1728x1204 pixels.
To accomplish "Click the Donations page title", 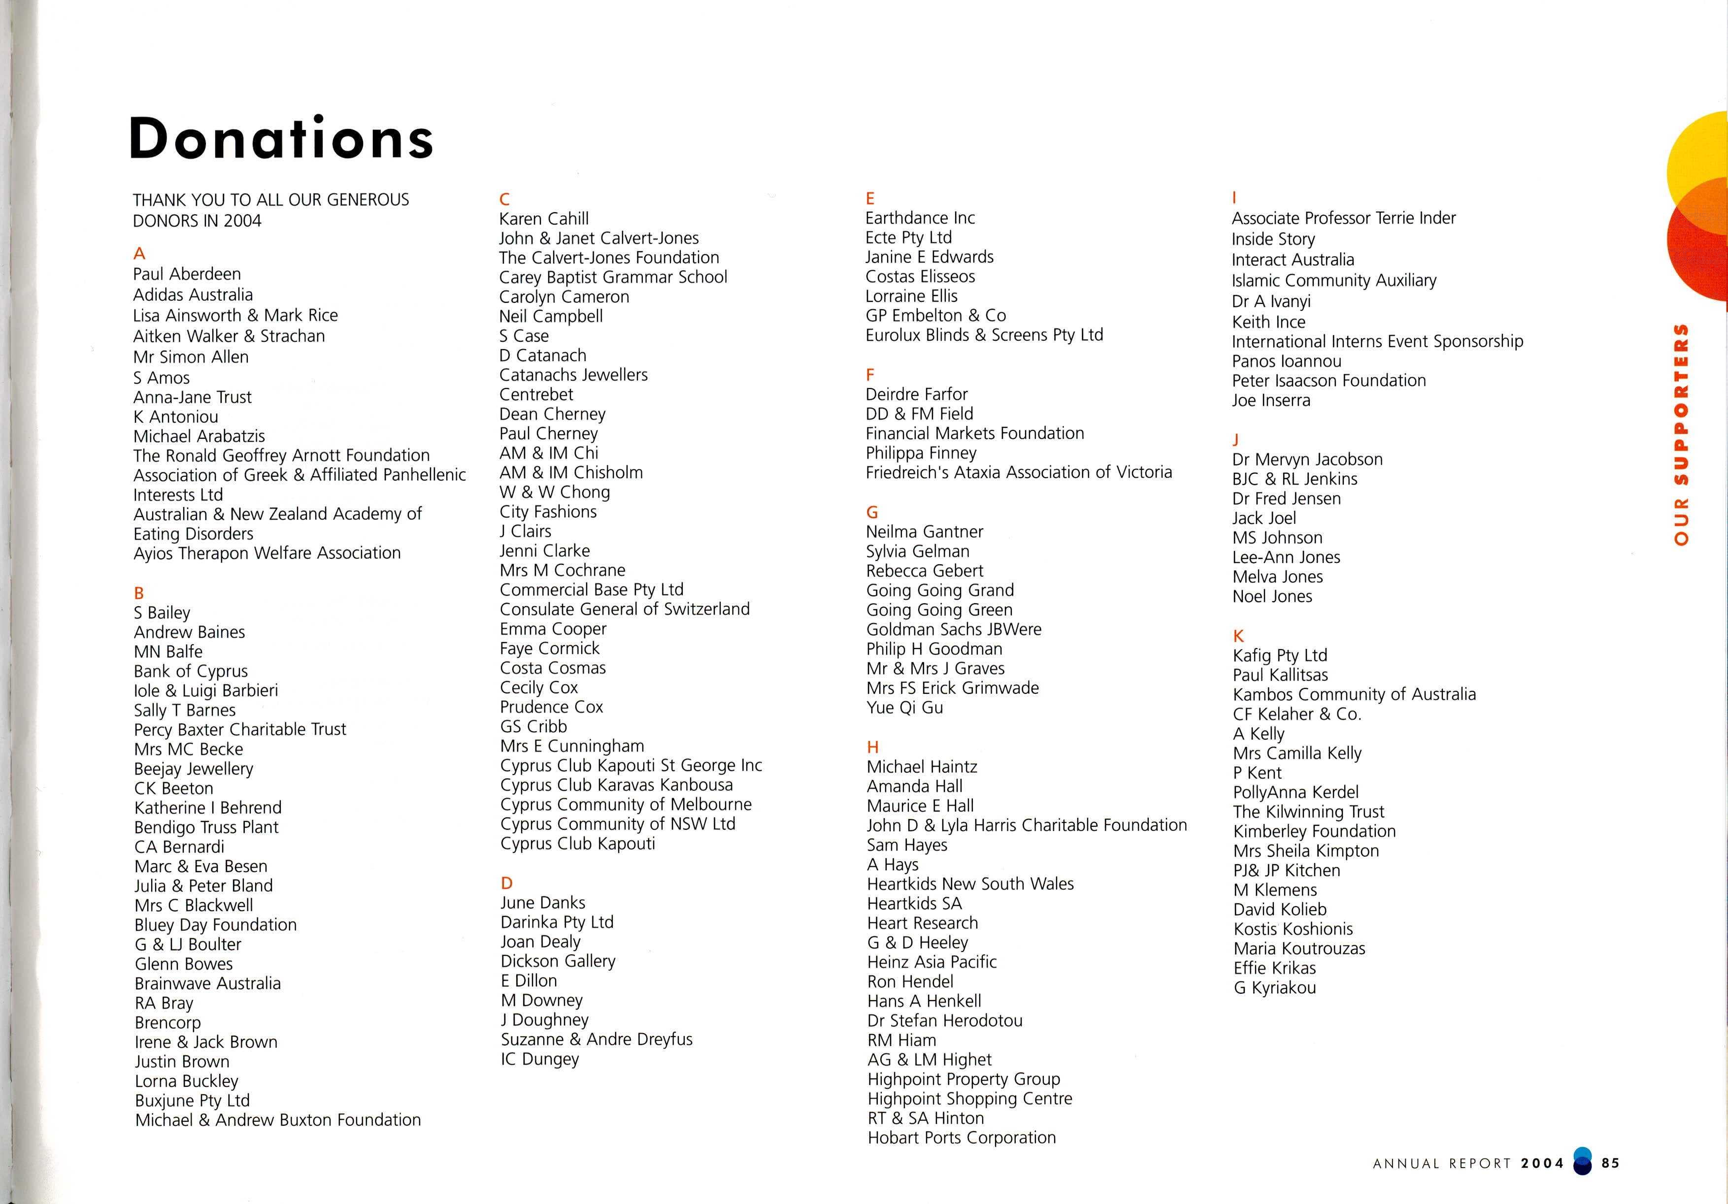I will [281, 138].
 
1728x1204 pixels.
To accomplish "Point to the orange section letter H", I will [872, 747].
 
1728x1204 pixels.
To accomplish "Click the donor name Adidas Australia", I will [193, 295].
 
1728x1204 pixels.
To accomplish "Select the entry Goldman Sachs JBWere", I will [954, 629].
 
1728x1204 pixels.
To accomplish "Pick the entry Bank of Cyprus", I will [191, 671].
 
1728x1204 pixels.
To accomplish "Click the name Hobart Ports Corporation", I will [961, 1138].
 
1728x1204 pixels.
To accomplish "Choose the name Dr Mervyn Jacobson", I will [1306, 459].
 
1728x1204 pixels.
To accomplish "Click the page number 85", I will [1611, 1163].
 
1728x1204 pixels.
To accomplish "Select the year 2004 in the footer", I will [1542, 1163].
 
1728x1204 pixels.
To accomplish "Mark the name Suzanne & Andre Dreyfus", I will [596, 1039].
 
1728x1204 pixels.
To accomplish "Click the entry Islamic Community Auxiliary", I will [1333, 281].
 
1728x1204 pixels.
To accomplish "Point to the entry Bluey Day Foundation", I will [215, 925].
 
